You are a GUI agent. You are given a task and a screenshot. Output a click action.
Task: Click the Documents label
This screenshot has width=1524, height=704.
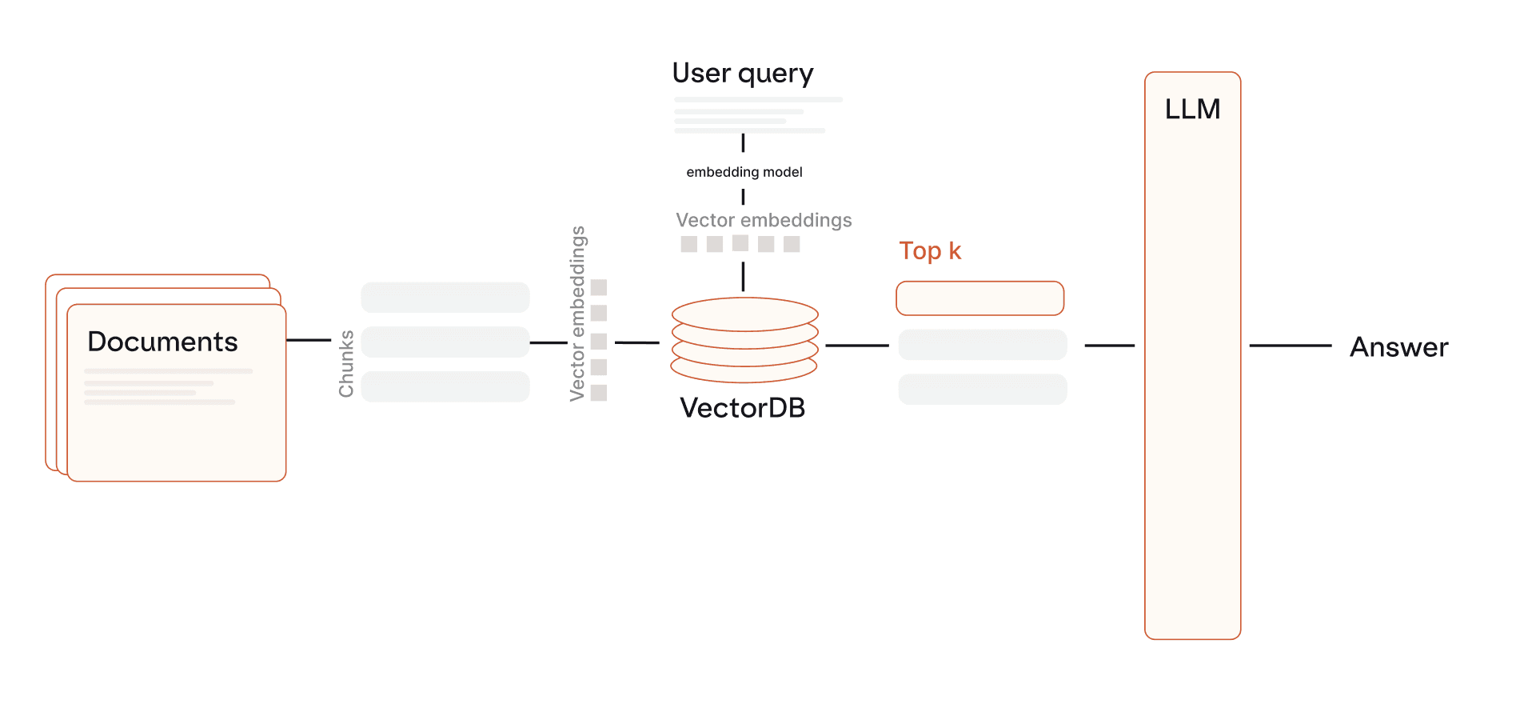pyautogui.click(x=162, y=342)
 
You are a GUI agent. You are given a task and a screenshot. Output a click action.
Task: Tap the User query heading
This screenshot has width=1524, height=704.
pyautogui.click(x=743, y=74)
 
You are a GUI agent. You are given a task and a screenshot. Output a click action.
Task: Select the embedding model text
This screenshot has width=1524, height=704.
pyautogui.click(x=744, y=172)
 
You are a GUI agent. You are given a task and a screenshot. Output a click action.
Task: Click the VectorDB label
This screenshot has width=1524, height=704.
pyautogui.click(x=742, y=408)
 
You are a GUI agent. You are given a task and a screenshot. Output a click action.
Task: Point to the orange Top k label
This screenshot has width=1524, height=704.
pyautogui.click(x=930, y=251)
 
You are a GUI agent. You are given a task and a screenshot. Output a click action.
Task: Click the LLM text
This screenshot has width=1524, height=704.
pyautogui.click(x=1192, y=109)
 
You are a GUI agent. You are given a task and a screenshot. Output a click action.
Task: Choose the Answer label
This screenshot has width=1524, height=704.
pyautogui.click(x=1398, y=347)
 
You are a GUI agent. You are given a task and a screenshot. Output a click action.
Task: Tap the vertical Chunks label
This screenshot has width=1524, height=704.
pyautogui.click(x=346, y=364)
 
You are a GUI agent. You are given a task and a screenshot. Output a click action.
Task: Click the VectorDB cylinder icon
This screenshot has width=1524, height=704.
pyautogui.click(x=744, y=340)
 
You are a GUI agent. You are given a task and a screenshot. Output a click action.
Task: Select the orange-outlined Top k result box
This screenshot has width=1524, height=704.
pyautogui.click(x=979, y=298)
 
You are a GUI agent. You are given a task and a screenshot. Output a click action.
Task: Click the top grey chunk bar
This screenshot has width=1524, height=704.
pyautogui.click(x=445, y=298)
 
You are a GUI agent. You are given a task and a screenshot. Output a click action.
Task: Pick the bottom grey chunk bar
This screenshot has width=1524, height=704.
pyautogui.click(x=445, y=386)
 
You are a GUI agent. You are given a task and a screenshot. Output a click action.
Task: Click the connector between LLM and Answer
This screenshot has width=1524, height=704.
pyautogui.click(x=1290, y=346)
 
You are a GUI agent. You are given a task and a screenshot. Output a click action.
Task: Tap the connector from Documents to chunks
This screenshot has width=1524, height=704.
pyautogui.click(x=309, y=340)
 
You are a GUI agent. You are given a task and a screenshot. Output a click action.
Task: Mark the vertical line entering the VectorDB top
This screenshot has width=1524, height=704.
pyautogui.click(x=744, y=276)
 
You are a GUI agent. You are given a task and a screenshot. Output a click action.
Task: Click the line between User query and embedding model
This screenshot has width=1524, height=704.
pyautogui.click(x=744, y=143)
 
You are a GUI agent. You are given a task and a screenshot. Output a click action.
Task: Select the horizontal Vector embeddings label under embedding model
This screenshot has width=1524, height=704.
pyautogui.click(x=764, y=220)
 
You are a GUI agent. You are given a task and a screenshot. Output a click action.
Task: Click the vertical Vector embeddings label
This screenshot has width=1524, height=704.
pyautogui.click(x=577, y=314)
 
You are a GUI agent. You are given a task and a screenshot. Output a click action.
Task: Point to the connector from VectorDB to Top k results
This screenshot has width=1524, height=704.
pyautogui.click(x=856, y=346)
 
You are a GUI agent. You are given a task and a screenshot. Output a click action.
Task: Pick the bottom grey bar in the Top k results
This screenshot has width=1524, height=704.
pyautogui.click(x=983, y=390)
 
